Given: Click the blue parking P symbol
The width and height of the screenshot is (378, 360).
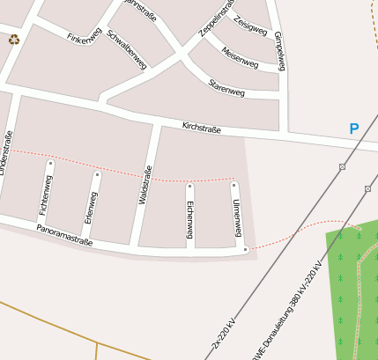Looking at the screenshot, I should [x=354, y=129].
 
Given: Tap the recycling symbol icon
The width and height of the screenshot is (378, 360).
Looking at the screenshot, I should [x=13, y=40].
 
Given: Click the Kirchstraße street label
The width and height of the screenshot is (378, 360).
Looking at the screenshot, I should [x=201, y=129].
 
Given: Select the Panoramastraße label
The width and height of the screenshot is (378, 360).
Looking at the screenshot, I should [x=64, y=234].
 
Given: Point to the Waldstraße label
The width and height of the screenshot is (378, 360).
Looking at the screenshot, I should [x=146, y=185].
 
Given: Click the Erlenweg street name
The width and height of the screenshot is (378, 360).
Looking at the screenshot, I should [x=93, y=206].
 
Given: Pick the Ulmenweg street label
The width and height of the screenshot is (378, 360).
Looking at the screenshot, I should [x=236, y=217].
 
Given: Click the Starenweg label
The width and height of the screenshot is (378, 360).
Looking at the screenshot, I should [x=226, y=87].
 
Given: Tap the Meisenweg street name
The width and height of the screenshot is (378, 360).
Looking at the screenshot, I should [x=240, y=59].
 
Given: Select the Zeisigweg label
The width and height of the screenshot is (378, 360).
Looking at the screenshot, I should [x=251, y=27].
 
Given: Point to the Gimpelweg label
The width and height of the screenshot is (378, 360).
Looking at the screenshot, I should [x=279, y=51].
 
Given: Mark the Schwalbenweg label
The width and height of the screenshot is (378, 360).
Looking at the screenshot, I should [x=126, y=49].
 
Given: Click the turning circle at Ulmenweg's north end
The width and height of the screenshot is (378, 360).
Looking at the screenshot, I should [x=234, y=185].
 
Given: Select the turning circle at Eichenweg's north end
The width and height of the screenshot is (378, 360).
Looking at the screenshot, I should [x=189, y=187].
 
